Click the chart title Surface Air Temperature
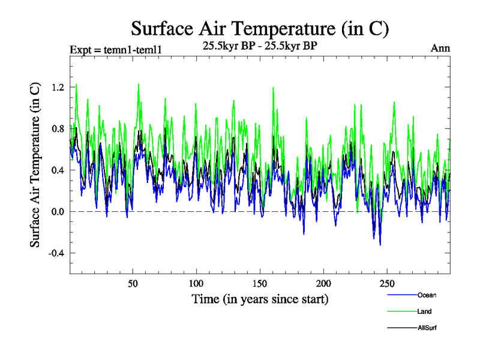click(x=260, y=28)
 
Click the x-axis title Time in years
click(x=260, y=298)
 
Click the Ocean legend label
click(x=427, y=295)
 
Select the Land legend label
click(x=424, y=311)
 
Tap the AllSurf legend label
click(x=427, y=328)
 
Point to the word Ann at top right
click(x=440, y=48)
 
